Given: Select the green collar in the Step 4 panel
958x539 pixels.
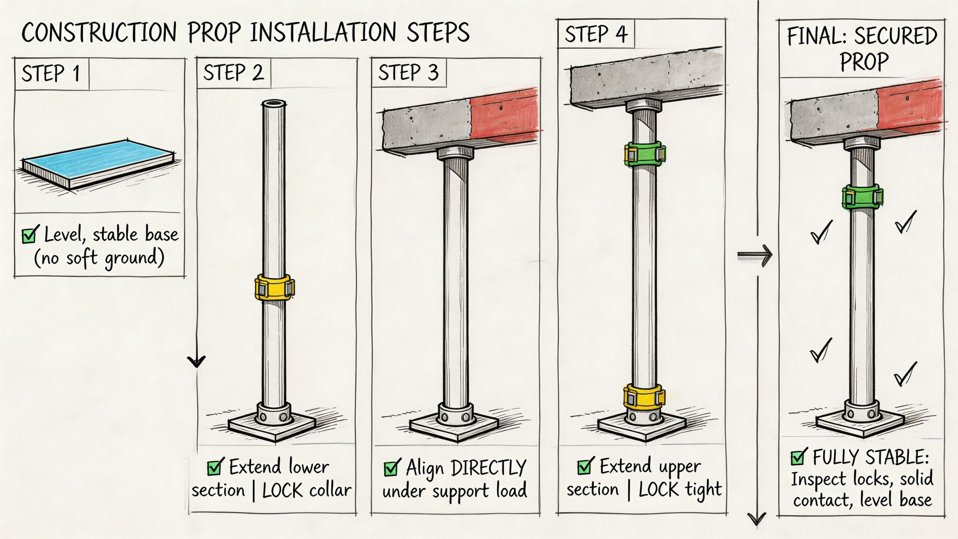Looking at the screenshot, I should click(644, 153).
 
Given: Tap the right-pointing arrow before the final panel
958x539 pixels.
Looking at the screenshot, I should click(754, 255).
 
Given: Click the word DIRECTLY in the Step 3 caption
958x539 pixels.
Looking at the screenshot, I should click(489, 468).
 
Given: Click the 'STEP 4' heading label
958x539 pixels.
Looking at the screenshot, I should click(596, 34).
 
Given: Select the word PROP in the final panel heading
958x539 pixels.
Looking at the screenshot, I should click(864, 62).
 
